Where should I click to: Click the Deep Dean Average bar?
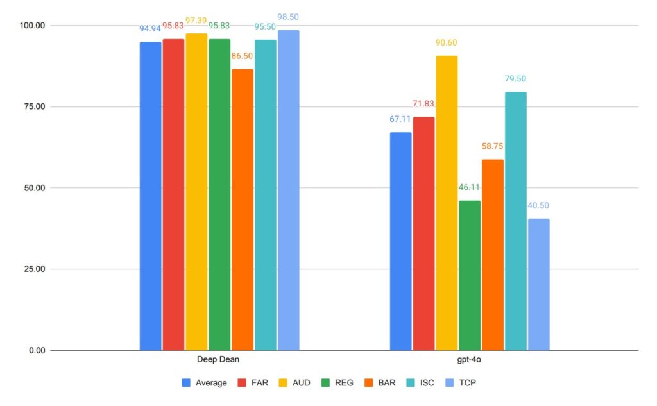(x=150, y=196)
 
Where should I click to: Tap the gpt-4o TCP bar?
(x=538, y=285)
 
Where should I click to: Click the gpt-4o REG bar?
(x=470, y=276)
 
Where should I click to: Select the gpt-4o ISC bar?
(x=515, y=221)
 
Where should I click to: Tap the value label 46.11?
(x=470, y=188)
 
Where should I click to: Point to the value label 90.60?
(x=447, y=43)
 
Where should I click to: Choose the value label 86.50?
(x=243, y=56)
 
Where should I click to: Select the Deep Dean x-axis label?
(x=219, y=360)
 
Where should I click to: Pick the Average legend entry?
(x=205, y=383)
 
